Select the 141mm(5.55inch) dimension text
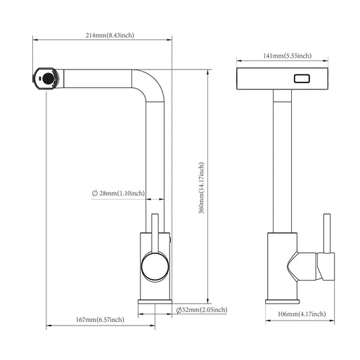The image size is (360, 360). point(285,55)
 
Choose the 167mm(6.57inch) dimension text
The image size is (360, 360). point(101,320)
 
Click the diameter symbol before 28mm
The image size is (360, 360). point(94,193)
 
